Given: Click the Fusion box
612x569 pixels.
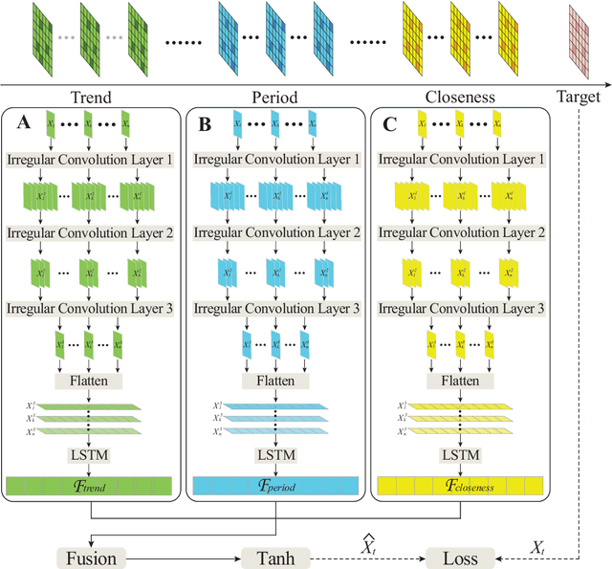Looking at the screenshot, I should [x=89, y=557].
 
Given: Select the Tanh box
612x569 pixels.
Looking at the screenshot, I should [x=276, y=557].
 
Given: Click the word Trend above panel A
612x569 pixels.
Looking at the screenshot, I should [x=92, y=97].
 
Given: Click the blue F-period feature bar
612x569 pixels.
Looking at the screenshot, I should [x=276, y=486].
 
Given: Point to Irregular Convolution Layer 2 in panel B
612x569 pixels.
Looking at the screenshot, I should [x=276, y=233].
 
